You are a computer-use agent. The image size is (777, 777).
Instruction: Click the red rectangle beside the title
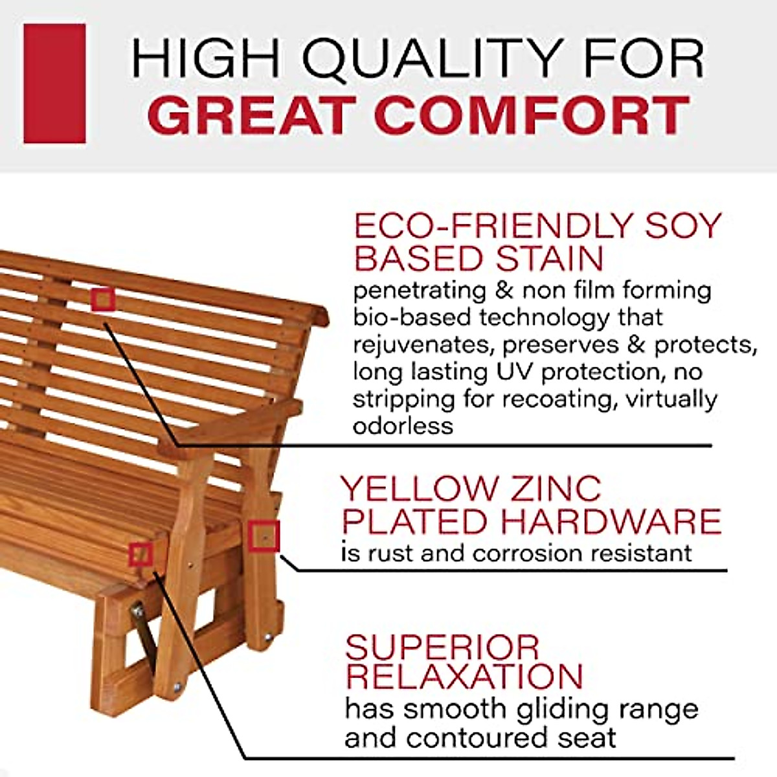(x=54, y=84)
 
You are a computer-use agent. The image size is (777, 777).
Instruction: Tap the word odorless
(x=403, y=426)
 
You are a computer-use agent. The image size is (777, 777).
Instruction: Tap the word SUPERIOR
(x=442, y=647)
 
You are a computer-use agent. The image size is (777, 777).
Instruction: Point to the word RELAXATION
(x=464, y=677)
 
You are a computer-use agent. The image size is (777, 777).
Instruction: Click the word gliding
(x=558, y=709)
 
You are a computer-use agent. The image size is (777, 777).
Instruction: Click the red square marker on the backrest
(x=103, y=300)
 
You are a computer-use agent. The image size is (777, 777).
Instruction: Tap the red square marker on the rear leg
(x=264, y=536)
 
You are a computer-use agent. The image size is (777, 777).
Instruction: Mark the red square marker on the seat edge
(x=141, y=555)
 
